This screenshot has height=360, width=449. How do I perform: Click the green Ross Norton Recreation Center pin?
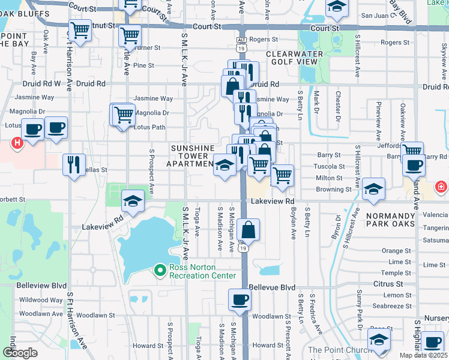pos(160,271)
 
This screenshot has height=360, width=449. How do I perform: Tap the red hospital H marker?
pos(17,143)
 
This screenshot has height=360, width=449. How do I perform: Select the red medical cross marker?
pos(442,187)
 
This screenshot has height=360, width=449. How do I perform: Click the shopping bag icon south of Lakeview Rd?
pos(248,229)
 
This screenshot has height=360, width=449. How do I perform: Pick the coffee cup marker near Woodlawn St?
pos(239,299)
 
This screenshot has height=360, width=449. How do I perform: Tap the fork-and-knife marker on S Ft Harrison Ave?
pos(74,164)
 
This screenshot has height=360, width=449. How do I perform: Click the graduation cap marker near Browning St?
pos(373,190)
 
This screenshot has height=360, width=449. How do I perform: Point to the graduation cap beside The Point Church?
pos(378,341)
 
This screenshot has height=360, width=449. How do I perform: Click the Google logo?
pos(20,353)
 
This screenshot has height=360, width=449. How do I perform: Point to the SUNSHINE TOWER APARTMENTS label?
pos(192,155)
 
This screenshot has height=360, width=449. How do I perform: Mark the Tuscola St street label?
pos(331,166)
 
